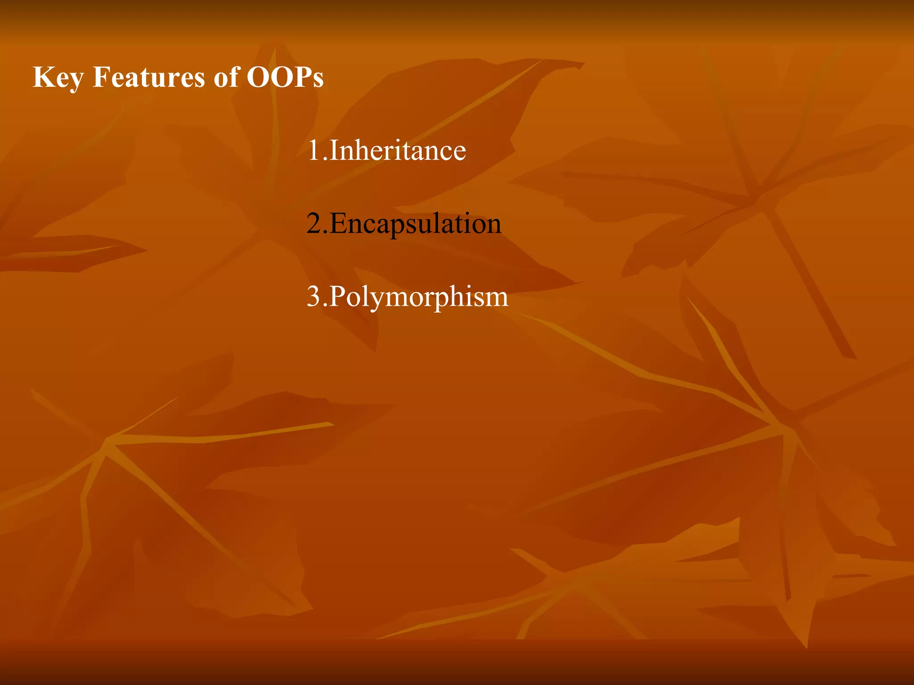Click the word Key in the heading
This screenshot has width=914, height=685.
pyautogui.click(x=58, y=78)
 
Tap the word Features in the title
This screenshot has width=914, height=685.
pyautogui.click(x=149, y=77)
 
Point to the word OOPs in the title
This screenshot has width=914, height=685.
pyautogui.click(x=285, y=77)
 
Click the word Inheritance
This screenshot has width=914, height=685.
pyautogui.click(x=397, y=150)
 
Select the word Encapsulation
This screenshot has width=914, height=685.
pyautogui.click(x=415, y=224)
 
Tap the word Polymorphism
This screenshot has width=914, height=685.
pyautogui.click(x=419, y=297)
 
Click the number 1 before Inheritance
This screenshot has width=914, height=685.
pyautogui.click(x=314, y=150)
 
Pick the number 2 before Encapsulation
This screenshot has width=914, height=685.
pyautogui.click(x=314, y=223)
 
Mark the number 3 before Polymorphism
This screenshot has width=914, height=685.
pyautogui.click(x=314, y=297)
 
